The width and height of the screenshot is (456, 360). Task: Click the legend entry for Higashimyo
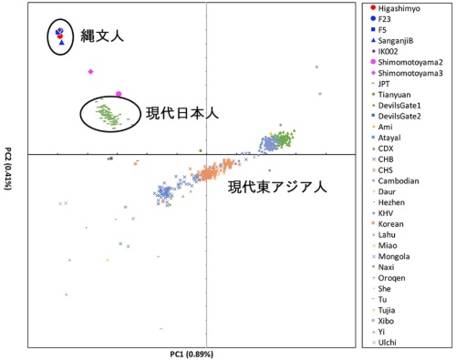(401, 8)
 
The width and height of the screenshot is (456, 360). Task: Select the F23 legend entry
(388, 19)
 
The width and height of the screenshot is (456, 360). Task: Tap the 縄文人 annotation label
(99, 37)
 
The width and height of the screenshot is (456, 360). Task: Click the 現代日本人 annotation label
(181, 113)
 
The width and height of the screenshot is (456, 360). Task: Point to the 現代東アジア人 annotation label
(275, 190)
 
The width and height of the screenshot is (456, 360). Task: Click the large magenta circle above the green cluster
(119, 94)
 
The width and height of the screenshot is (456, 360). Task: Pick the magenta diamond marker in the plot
(90, 71)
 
